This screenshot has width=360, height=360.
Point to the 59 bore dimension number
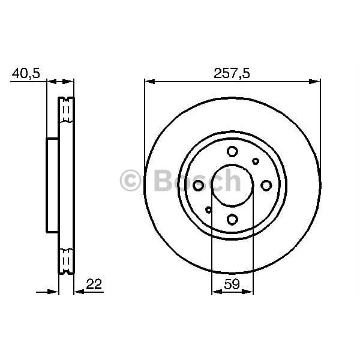[232, 286]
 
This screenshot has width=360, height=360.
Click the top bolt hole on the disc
[232, 152]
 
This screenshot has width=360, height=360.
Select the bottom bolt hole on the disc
[232, 220]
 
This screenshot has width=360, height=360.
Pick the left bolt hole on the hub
[199, 186]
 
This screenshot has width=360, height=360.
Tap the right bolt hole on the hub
[266, 186]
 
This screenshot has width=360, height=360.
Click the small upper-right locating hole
[256, 161]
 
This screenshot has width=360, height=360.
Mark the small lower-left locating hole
[209, 210]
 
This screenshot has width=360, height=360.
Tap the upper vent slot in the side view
[66, 111]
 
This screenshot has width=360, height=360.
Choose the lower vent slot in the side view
[66, 259]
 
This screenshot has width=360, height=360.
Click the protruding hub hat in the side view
[52, 185]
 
